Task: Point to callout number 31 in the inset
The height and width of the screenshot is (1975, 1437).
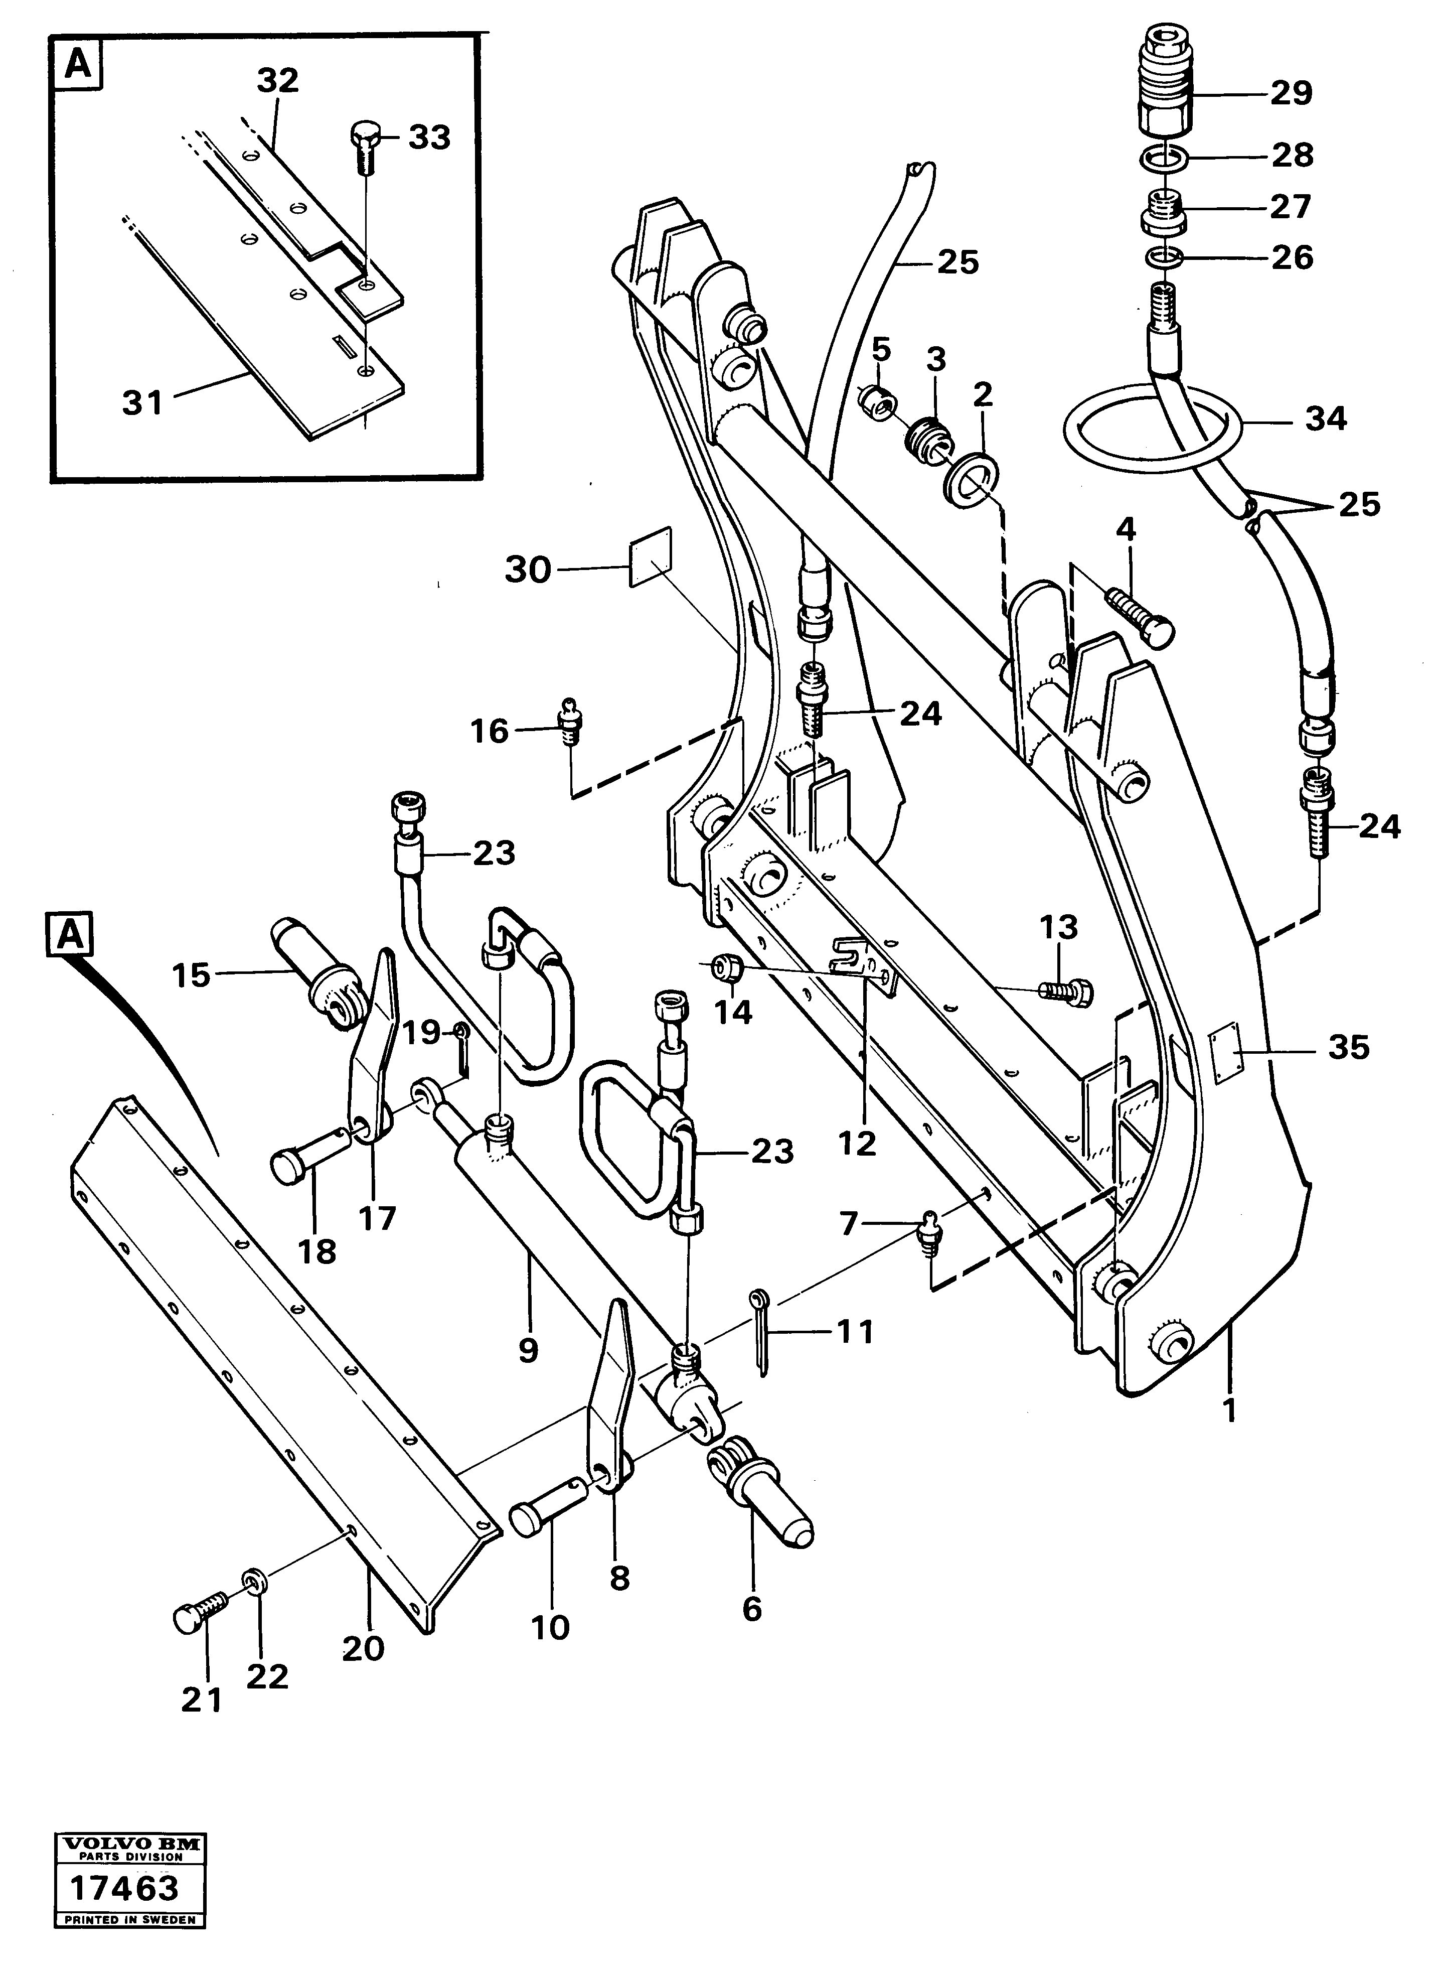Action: [x=143, y=403]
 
